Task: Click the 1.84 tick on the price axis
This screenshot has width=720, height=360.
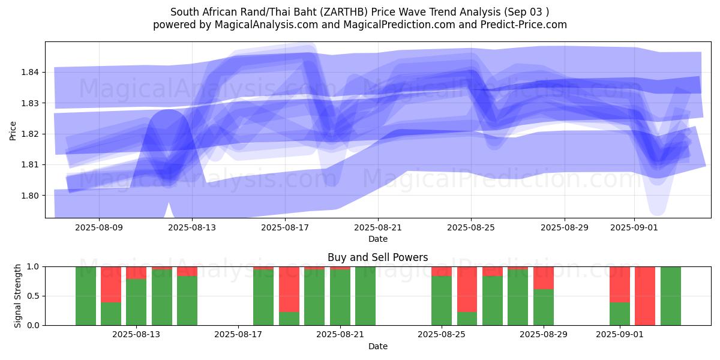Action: [x=30, y=72]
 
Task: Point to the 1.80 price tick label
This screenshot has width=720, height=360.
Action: [x=30, y=195]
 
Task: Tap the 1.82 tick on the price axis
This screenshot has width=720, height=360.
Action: [x=30, y=134]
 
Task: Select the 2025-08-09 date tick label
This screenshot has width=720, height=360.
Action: [x=99, y=227]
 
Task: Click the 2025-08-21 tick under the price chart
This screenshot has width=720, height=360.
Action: [x=378, y=227]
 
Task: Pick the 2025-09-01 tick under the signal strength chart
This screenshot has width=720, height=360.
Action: [x=619, y=335]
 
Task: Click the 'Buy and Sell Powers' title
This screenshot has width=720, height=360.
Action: [x=377, y=257]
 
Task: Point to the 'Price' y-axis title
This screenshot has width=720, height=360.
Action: [x=13, y=130]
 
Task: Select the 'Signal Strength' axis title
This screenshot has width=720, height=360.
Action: [x=18, y=295]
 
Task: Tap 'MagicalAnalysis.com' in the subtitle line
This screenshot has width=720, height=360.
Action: [x=262, y=25]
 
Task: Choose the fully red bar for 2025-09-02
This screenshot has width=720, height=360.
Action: [x=645, y=296]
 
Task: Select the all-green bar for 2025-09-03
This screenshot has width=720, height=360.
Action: [x=670, y=296]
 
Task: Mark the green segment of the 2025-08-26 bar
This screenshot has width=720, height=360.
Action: [x=467, y=319]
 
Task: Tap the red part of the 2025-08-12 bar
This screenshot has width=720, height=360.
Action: [x=111, y=284]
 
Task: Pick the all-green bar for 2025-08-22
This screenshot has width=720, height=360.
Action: [x=365, y=296]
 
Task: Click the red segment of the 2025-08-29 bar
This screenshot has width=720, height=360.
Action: [x=544, y=278]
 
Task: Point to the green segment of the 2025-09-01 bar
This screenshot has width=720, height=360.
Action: [x=620, y=314]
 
